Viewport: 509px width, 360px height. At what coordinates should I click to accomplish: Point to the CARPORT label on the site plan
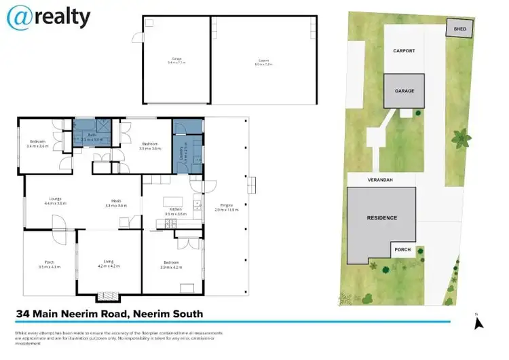403,51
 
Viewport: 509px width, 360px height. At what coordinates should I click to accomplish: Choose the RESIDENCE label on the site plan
382,217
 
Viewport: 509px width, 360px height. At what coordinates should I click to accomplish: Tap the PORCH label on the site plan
403,250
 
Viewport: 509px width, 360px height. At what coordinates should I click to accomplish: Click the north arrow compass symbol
478,321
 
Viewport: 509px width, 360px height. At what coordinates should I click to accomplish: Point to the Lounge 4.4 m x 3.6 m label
56,201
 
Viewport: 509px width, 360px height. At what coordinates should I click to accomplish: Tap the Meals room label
117,202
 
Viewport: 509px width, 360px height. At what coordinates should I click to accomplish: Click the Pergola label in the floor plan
223,207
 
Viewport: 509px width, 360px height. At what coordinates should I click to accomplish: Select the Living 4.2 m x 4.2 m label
109,264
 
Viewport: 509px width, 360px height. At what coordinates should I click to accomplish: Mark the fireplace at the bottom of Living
107,296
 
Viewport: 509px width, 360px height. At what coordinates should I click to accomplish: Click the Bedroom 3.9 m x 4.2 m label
172,264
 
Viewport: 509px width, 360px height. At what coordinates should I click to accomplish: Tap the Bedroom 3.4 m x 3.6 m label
37,144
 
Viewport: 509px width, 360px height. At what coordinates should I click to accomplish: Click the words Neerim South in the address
168,314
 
